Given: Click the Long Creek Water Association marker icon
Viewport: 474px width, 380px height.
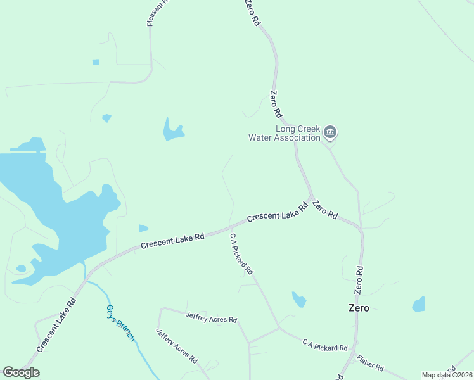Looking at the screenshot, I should pos(330,132).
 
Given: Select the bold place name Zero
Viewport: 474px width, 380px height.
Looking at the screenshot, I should pos(358,308).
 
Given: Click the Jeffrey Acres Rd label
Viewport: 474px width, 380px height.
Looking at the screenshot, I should pos(211,317).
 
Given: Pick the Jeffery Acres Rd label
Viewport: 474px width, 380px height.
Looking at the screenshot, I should pos(177,346).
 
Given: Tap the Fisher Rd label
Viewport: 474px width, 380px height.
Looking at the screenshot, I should pos(370,363).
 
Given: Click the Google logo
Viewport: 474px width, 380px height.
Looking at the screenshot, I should pos(21,372).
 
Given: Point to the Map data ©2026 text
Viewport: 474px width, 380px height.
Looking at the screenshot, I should pos(447,375).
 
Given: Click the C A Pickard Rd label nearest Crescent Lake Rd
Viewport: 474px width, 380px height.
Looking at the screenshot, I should pos(241,253).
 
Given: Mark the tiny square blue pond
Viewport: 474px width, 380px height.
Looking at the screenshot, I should pos(96,62).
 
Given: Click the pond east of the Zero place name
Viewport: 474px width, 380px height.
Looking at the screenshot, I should pos(419,305).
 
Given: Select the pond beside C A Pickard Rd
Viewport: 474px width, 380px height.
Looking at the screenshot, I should pos(299,299).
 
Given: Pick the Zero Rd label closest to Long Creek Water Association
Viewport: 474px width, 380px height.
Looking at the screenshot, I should pos(276,105).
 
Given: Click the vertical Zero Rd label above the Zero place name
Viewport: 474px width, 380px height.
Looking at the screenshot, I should pos(359,279).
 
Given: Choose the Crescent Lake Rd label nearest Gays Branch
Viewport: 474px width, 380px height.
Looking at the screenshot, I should pos(57,325).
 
